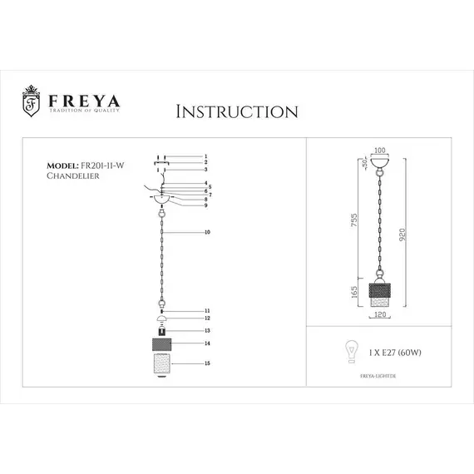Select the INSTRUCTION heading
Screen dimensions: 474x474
pos(238,111)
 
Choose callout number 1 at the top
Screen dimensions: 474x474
pos(205,156)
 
